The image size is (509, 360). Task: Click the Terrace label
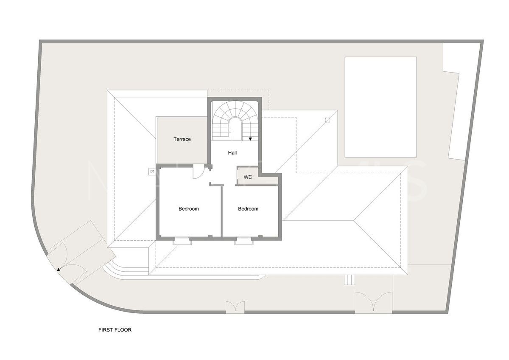click(x=182, y=139)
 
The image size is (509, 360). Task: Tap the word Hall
click(x=232, y=153)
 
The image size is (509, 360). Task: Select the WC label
click(x=248, y=177)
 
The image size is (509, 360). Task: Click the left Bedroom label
click(x=188, y=209)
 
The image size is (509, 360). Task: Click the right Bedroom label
click(x=248, y=209)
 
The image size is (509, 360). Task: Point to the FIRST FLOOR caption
click(x=115, y=329)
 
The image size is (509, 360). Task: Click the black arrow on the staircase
click(x=251, y=139)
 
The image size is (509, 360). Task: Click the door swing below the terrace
click(x=197, y=172)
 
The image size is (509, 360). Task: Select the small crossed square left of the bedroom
click(x=151, y=172)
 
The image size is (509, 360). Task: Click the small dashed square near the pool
click(x=327, y=120)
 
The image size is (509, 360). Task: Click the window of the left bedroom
click(x=182, y=240)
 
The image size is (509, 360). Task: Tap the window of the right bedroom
click(x=244, y=241)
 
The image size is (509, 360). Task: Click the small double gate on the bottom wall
click(x=235, y=307)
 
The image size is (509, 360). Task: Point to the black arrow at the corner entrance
click(x=58, y=269)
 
